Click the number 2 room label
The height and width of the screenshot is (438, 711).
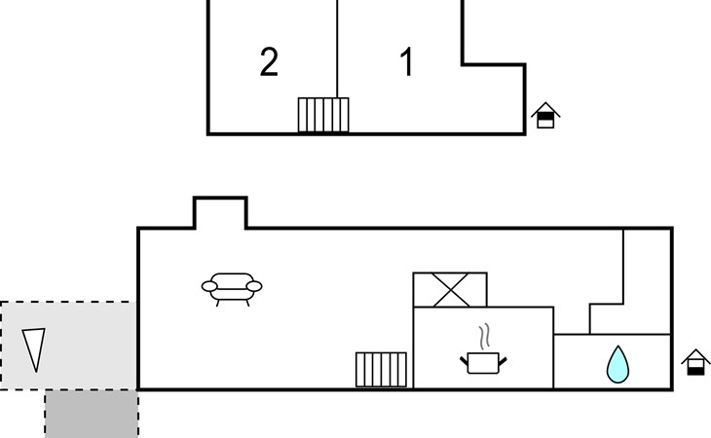pos(269,62)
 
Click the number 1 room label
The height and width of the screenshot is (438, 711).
pos(407,62)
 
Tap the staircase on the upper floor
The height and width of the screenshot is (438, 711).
pos(323,115)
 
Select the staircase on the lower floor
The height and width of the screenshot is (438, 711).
pos(381,370)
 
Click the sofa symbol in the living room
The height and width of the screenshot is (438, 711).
pos(232,288)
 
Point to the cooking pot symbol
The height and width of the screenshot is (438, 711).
pos(484,363)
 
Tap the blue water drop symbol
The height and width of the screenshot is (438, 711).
pos(617,364)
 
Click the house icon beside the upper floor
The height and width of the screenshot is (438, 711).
pos(546,116)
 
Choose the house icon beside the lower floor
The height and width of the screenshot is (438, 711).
pos(694,362)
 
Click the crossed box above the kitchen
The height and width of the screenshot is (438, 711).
pos(450,290)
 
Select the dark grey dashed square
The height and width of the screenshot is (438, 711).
pos(92,414)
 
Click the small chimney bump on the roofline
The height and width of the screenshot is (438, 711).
pos(220,212)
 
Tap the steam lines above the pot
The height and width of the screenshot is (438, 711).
pos(484,338)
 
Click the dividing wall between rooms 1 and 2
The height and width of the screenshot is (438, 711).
pos(337,49)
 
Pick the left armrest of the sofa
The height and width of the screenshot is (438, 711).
pos(208,286)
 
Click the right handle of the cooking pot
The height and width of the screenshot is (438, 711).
pos(505,360)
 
